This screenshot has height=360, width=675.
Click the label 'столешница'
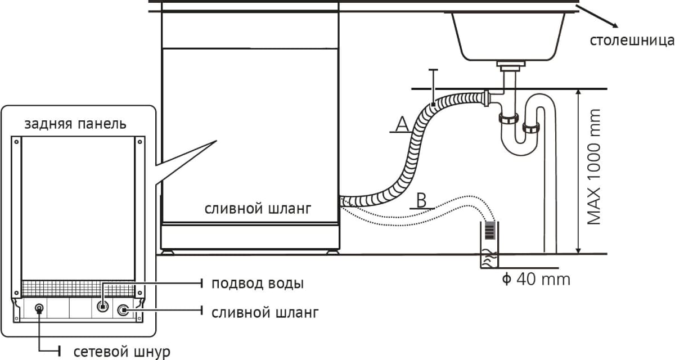(631, 40)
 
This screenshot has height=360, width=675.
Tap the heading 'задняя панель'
(75, 124)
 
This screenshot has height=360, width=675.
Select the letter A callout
(401, 124)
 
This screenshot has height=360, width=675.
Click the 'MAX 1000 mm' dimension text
(594, 167)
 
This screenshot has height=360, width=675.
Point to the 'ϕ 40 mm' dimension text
(535, 278)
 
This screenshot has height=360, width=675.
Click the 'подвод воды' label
(258, 283)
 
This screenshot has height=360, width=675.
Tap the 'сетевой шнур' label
(121, 352)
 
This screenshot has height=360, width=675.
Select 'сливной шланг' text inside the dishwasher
(256, 209)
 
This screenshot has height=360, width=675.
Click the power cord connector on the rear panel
(39, 308)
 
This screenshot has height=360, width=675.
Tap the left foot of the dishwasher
(167, 252)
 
